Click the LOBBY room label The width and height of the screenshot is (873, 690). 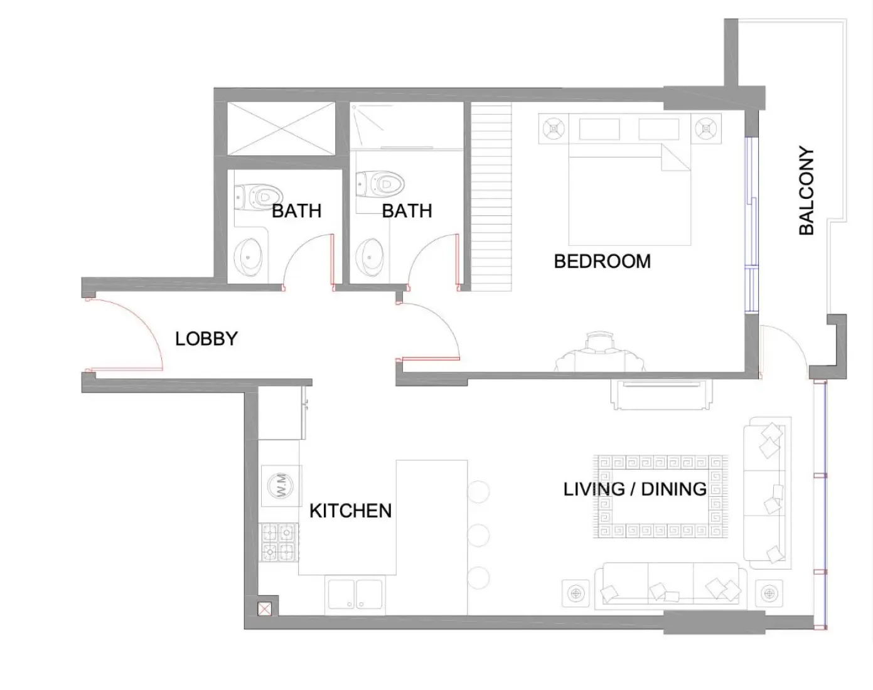[x=206, y=339]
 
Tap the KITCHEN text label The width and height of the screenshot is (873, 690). [x=350, y=511]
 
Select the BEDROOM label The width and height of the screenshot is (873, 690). [x=602, y=261]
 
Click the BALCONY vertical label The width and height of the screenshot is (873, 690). [x=806, y=191]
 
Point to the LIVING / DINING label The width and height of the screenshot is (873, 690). [x=635, y=489]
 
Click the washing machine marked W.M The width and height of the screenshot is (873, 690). [x=280, y=485]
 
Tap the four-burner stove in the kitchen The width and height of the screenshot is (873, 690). [x=278, y=543]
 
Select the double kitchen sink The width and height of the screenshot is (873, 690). [x=355, y=594]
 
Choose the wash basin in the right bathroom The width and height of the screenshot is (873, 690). [x=370, y=257]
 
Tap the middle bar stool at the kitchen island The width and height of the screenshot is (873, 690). [x=478, y=535]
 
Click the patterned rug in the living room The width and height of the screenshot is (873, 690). [x=660, y=496]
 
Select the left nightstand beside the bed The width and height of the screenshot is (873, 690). [x=553, y=129]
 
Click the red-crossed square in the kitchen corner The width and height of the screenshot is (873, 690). [x=265, y=608]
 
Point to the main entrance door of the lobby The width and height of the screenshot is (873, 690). [x=126, y=336]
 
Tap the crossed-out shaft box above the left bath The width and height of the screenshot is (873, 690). [x=281, y=129]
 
